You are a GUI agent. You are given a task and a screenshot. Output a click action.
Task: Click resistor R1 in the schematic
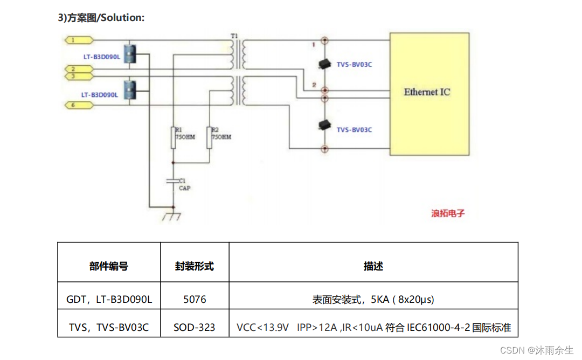point(173,137)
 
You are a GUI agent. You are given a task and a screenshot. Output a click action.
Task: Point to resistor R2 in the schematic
point(209,137)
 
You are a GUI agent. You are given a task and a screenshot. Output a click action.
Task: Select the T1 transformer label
point(234,36)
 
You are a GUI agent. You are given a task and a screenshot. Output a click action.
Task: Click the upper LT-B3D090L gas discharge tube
point(129,56)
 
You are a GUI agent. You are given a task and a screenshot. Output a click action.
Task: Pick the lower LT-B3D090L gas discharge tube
point(129,90)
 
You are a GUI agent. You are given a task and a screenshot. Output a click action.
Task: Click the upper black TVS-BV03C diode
point(324,64)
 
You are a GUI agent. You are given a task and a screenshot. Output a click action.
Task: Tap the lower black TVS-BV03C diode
point(324,124)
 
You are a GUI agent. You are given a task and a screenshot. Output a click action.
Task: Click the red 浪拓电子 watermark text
point(448,213)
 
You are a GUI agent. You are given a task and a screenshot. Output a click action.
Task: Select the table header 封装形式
point(195,266)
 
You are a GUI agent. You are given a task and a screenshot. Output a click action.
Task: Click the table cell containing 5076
point(195,299)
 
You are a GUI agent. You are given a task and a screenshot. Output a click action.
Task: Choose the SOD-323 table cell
point(195,327)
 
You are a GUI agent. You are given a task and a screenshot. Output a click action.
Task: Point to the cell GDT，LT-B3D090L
point(109,299)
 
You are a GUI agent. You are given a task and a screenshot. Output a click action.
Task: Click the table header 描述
point(373,266)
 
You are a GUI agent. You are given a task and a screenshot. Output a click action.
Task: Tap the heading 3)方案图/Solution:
point(101,18)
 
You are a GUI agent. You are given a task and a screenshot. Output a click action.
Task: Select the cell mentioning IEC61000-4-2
point(373,327)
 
